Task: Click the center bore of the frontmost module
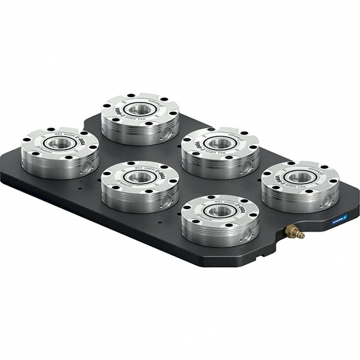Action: pyautogui.click(x=220, y=211)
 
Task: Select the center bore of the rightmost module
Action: pyautogui.click(x=301, y=176)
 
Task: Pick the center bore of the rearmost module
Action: pyautogui.click(x=140, y=109)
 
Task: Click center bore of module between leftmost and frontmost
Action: pyautogui.click(x=140, y=177)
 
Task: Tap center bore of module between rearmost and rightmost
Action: pyautogui.click(x=220, y=143)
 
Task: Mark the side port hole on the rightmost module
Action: pyautogui.click(x=328, y=198)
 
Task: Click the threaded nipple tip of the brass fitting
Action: pyautogui.click(x=302, y=235)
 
